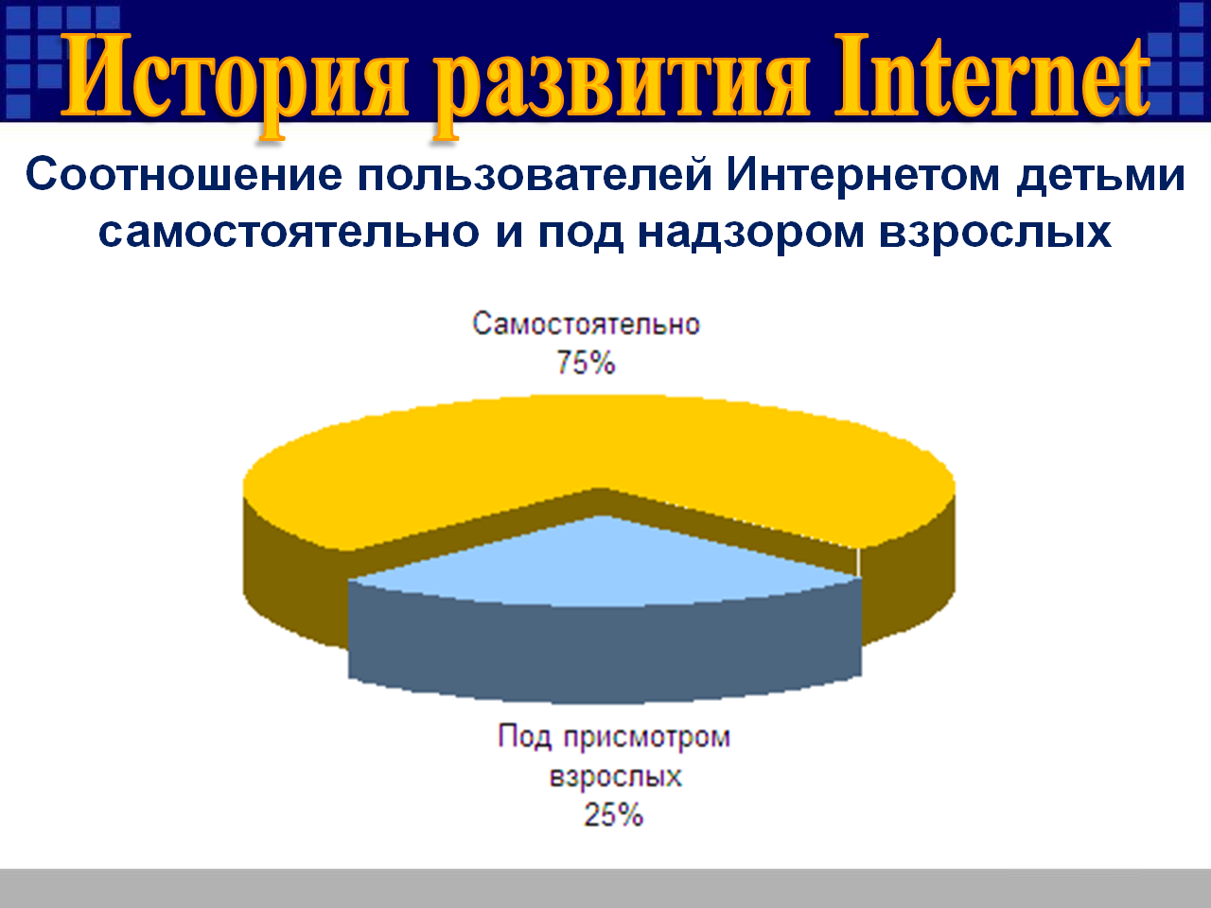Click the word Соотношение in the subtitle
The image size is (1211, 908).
(184, 175)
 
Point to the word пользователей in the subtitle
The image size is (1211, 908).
(535, 176)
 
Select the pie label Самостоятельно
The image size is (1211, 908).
(586, 324)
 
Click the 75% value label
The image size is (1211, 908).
(586, 363)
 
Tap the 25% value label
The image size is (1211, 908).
(613, 814)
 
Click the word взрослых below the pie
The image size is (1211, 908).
(616, 777)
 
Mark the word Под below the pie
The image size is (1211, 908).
(525, 737)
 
